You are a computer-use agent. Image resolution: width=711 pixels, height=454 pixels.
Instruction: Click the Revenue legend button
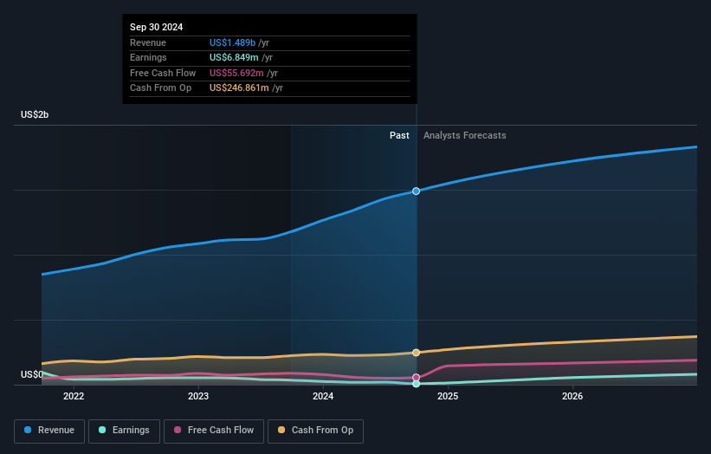(x=49, y=430)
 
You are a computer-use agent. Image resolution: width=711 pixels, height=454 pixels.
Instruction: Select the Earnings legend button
(x=123, y=430)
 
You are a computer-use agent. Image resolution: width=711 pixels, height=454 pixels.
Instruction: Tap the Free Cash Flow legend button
(x=212, y=430)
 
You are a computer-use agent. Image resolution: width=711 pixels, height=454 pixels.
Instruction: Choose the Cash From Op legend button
(x=316, y=430)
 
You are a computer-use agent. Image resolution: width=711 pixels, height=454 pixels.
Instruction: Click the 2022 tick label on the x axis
(x=74, y=397)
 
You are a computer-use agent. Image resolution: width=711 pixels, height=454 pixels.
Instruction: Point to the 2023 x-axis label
(x=198, y=397)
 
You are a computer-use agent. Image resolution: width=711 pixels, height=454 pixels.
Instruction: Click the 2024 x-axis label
(x=323, y=397)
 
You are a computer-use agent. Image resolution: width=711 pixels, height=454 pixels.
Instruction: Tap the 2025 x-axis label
(x=448, y=397)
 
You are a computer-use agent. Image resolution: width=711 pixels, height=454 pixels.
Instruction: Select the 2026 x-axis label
(x=572, y=397)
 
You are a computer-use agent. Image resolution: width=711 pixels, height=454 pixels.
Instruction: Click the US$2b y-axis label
(x=36, y=114)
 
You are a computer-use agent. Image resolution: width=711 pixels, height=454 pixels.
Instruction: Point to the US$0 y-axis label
(x=33, y=374)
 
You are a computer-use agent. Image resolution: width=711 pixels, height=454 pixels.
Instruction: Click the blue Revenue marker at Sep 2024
(x=417, y=191)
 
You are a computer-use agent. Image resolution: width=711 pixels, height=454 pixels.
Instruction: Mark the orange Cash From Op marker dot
(x=417, y=353)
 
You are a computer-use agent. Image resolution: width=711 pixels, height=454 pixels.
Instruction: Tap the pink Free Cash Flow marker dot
(x=417, y=378)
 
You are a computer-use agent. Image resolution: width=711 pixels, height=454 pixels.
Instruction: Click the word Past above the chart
(x=399, y=135)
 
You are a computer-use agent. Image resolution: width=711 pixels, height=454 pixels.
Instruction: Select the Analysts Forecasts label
(x=464, y=135)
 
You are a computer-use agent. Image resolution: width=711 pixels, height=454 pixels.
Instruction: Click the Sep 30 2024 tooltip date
(x=157, y=28)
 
